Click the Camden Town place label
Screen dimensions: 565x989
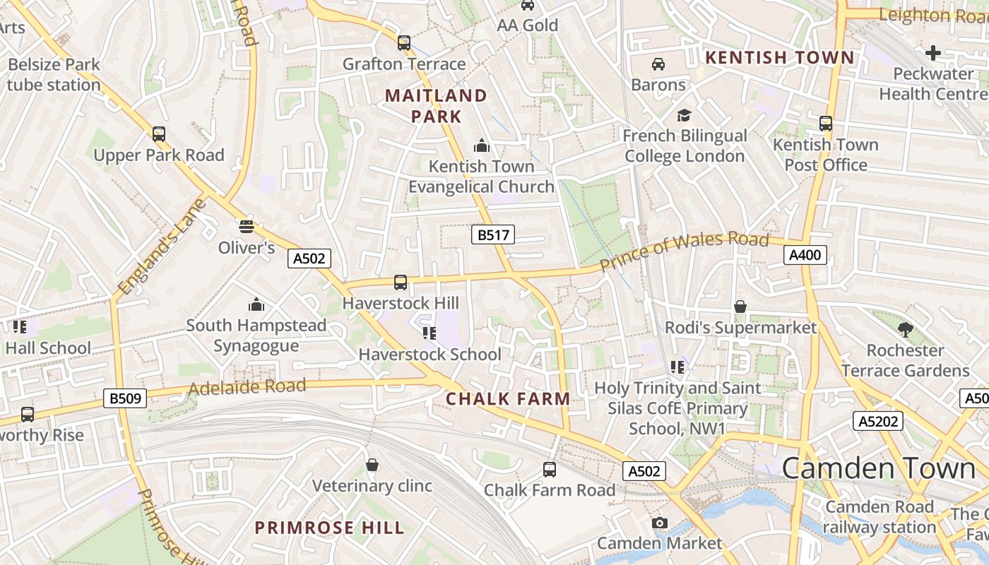878,469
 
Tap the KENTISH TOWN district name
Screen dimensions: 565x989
780,57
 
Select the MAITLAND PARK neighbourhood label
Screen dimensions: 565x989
436,106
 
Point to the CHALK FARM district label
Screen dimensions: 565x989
508,399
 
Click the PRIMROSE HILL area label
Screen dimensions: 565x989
329,528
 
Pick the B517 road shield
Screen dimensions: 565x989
493,234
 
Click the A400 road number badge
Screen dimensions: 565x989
805,255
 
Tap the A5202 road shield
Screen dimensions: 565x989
878,422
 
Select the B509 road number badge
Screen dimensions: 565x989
126,398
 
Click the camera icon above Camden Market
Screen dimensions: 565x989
659,523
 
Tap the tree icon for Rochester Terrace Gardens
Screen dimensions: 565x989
905,329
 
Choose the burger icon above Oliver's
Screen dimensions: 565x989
246,226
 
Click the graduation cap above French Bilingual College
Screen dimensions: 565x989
684,115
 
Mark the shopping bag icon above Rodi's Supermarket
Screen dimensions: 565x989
740,307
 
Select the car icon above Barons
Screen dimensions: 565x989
658,64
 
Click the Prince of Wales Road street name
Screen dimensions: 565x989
684,250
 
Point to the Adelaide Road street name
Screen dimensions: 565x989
247,387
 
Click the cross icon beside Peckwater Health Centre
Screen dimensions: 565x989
933,52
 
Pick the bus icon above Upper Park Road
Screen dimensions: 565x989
159,133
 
